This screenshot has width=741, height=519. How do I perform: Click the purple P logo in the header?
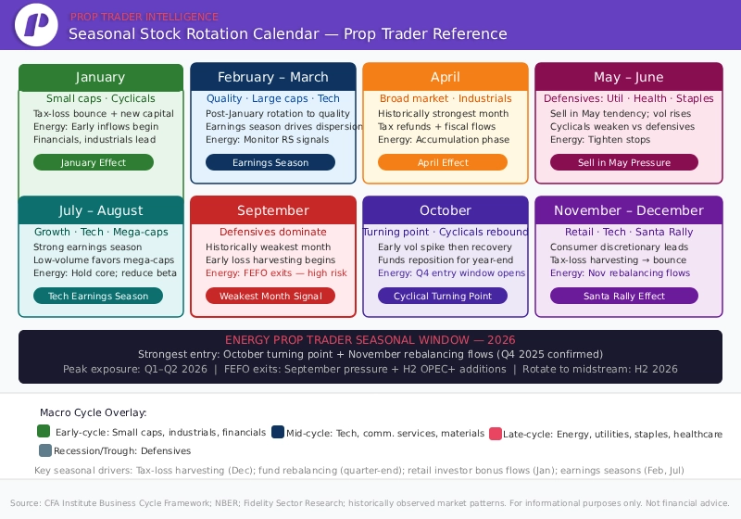click(x=38, y=25)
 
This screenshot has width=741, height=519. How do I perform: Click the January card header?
click(x=100, y=77)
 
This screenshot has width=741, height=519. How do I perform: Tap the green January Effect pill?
click(x=94, y=162)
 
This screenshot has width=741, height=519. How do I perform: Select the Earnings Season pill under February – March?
click(x=270, y=162)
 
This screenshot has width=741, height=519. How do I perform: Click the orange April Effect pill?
click(x=443, y=162)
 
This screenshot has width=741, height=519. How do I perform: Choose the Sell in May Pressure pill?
click(x=623, y=162)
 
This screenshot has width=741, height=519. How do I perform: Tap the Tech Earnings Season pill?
click(x=98, y=296)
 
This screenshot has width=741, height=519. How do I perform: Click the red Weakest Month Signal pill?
click(x=270, y=296)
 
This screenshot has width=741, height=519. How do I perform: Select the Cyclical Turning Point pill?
click(x=443, y=296)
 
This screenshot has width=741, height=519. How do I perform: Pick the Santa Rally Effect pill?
click(x=623, y=296)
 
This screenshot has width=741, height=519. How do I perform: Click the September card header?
click(x=273, y=210)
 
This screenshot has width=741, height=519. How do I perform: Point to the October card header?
click(x=446, y=210)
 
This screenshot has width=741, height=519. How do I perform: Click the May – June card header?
click(x=628, y=77)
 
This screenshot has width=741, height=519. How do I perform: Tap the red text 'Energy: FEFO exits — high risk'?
click(x=276, y=273)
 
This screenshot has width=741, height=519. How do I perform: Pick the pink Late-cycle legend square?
click(x=496, y=433)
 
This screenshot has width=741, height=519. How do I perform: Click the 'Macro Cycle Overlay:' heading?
click(x=93, y=412)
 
